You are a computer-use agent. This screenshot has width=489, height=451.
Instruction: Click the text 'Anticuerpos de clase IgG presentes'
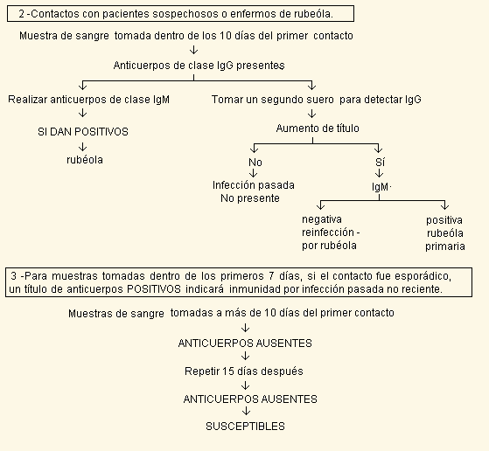(x=199, y=66)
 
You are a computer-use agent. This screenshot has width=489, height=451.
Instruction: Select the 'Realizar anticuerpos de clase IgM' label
(x=89, y=100)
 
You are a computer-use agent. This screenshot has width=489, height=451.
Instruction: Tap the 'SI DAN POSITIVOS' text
(x=83, y=132)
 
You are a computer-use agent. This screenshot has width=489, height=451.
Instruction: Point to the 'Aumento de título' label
(x=318, y=128)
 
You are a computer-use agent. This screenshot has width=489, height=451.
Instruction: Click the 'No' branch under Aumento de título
(x=255, y=163)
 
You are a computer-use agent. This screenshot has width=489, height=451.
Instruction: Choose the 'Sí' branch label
(x=381, y=162)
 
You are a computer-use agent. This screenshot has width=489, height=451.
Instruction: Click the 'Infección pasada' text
(x=254, y=185)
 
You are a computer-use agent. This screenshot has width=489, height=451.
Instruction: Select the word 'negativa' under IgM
(x=322, y=219)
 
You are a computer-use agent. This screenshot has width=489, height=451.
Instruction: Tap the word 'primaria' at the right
(x=445, y=246)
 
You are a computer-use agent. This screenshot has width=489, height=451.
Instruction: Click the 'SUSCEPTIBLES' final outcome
(x=246, y=426)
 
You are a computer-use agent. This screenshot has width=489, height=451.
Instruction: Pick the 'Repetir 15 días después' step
(x=244, y=371)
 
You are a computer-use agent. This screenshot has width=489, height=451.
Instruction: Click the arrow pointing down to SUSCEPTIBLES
(x=246, y=411)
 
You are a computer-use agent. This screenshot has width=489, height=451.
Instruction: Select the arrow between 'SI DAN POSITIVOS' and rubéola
(x=82, y=147)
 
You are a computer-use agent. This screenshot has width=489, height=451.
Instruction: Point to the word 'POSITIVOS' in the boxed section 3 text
(x=154, y=289)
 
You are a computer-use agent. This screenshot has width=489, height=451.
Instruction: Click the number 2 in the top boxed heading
(x=22, y=14)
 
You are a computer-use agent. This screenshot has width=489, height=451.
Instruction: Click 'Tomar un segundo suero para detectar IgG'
(x=317, y=100)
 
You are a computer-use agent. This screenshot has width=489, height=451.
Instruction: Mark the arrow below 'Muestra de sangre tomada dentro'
(x=193, y=50)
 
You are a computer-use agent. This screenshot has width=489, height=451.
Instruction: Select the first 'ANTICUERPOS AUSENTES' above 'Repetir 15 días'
(x=245, y=343)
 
